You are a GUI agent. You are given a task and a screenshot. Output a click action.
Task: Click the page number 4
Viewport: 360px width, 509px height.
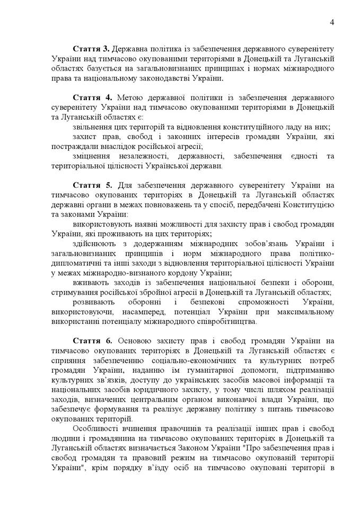331,22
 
